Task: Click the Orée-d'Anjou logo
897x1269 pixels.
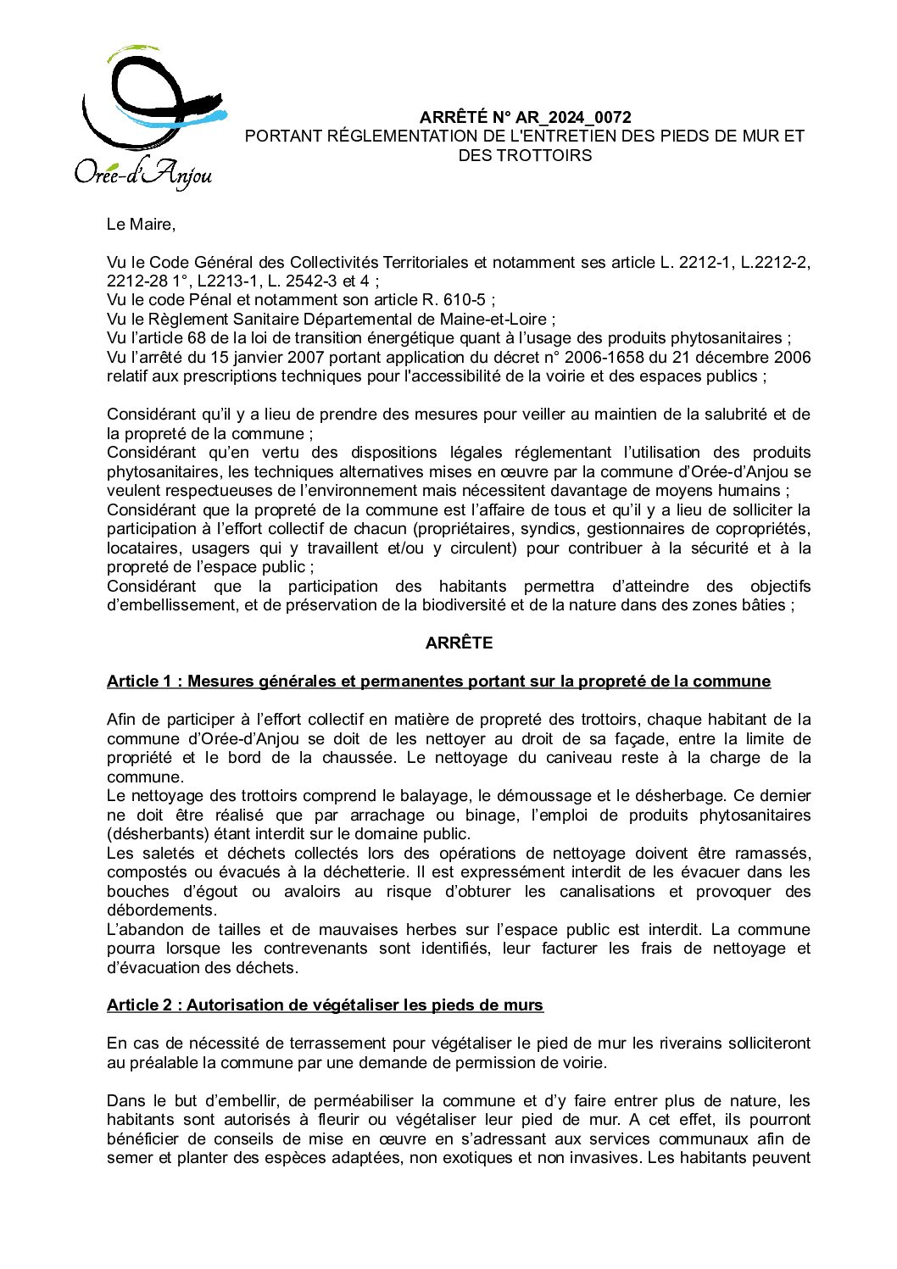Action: (149, 119)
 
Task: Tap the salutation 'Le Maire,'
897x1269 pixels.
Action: (141, 224)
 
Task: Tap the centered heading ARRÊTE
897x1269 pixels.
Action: (459, 643)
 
